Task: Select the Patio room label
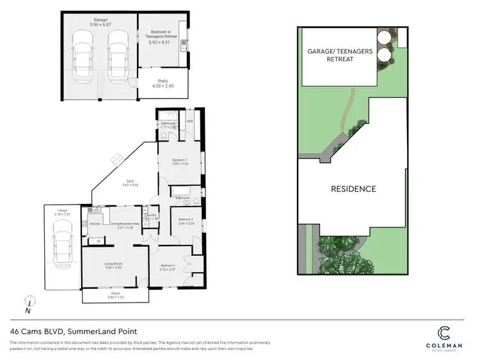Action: [x=159, y=83]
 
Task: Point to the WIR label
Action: [x=190, y=121]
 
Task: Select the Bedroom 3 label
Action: [x=186, y=221]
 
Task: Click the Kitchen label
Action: [x=95, y=224]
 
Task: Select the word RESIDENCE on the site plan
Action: [x=353, y=189]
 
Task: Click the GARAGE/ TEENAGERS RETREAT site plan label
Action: [x=339, y=54]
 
